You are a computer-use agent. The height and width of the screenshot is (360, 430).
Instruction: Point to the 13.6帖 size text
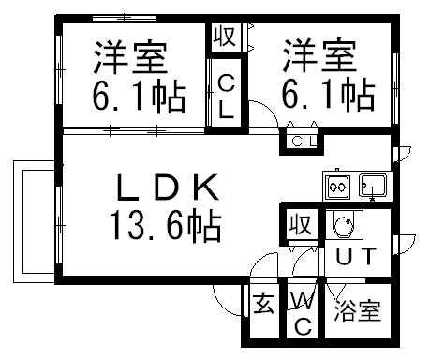pyautogui.click(x=167, y=226)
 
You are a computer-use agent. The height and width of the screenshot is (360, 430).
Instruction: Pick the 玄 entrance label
pyautogui.click(x=264, y=306)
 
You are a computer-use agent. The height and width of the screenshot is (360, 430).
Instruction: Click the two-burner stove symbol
pyautogui.click(x=336, y=186)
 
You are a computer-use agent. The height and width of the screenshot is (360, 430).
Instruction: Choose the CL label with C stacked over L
pyautogui.click(x=227, y=97)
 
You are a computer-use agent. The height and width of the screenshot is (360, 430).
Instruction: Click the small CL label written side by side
pyautogui.click(x=302, y=142)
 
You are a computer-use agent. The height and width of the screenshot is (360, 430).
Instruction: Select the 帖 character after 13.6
pyautogui.click(x=208, y=226)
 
